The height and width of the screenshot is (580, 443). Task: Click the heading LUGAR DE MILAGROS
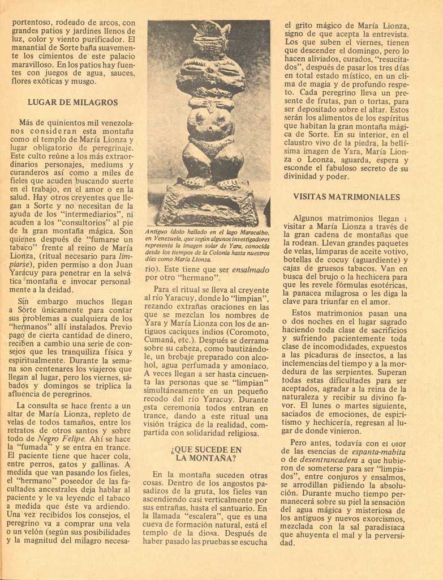click(x=72, y=103)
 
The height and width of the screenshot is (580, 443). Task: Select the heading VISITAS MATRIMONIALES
click(x=346, y=197)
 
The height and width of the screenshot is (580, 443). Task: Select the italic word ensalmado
click(x=251, y=269)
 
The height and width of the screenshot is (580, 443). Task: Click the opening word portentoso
click(x=34, y=23)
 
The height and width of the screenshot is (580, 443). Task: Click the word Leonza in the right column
click(x=315, y=160)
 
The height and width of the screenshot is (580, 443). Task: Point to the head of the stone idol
click(x=209, y=35)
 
